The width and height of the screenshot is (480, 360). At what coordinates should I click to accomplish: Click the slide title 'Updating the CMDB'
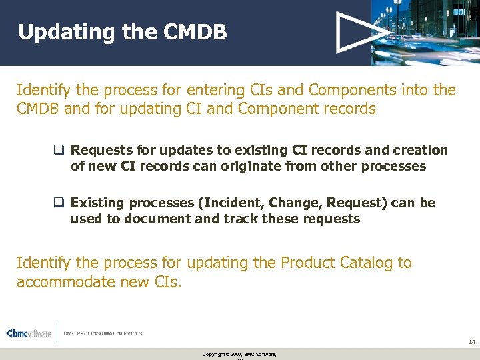[x=122, y=32]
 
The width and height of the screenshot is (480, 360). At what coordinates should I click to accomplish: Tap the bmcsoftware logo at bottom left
[x=29, y=333]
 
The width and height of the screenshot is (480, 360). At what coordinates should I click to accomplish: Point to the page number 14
[x=471, y=342]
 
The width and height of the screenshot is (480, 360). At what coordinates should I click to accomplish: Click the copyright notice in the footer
[x=239, y=354]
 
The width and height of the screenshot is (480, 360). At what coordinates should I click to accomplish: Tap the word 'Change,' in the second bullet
[x=293, y=203]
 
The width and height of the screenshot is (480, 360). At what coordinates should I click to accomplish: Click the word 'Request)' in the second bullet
[x=355, y=203]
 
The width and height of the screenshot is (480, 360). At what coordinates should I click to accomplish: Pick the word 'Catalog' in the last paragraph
[x=361, y=263]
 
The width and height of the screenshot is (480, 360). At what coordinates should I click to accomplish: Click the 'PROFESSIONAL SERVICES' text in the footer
[x=103, y=333]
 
